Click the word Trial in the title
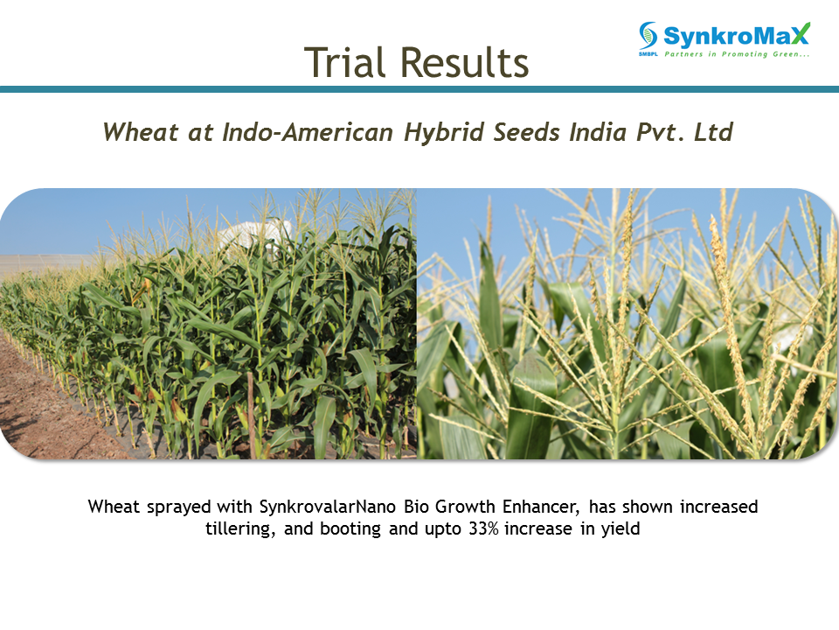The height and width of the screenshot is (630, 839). point(344,62)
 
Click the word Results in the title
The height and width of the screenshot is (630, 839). point(464,62)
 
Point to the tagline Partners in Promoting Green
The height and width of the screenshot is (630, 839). point(737,54)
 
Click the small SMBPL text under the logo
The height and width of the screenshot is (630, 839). point(648,54)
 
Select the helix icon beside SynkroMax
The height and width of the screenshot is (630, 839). point(648,35)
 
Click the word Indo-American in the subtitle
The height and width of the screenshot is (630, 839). point(308,132)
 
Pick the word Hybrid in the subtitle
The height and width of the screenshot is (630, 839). point(444,132)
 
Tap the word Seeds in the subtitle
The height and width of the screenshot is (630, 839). point(526,132)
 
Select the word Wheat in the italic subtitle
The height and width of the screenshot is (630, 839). point(140,132)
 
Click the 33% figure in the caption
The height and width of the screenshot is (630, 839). point(483,528)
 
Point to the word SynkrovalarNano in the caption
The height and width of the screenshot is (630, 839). point(328,507)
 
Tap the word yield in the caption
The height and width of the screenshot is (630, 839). point(621,528)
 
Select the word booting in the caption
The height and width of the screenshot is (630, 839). point(350,528)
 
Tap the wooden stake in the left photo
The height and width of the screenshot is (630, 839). point(251,415)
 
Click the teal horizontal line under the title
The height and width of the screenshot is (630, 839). point(419,89)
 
